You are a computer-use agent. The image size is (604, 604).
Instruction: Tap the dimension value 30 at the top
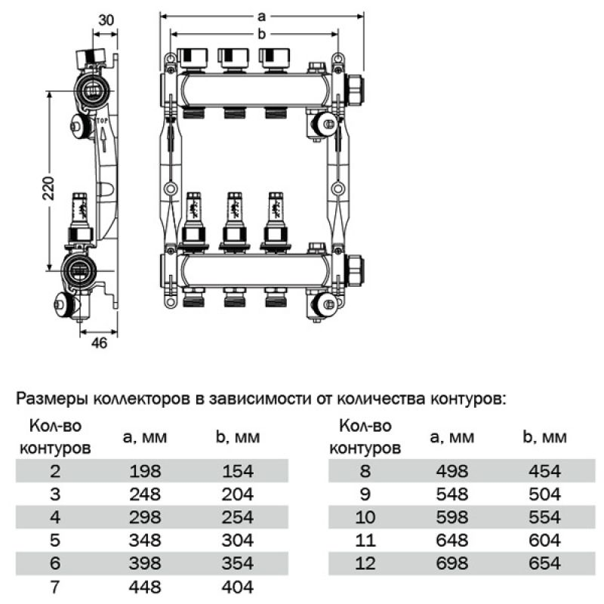[106, 20]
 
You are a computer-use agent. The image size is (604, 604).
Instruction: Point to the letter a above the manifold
[261, 15]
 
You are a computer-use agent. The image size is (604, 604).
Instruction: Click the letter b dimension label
[261, 33]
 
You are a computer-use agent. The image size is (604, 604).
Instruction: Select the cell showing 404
[238, 586]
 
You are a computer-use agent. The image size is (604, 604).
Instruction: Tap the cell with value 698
[452, 562]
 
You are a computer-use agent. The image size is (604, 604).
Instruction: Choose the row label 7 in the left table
[52, 586]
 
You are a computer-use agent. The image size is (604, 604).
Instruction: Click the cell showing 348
[145, 540]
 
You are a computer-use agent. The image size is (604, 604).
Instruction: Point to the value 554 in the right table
[545, 517]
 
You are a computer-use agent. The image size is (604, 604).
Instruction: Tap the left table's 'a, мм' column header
[145, 437]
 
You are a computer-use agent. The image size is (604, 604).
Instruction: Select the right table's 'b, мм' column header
[544, 437]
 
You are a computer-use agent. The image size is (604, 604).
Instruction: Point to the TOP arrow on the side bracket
[101, 132]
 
